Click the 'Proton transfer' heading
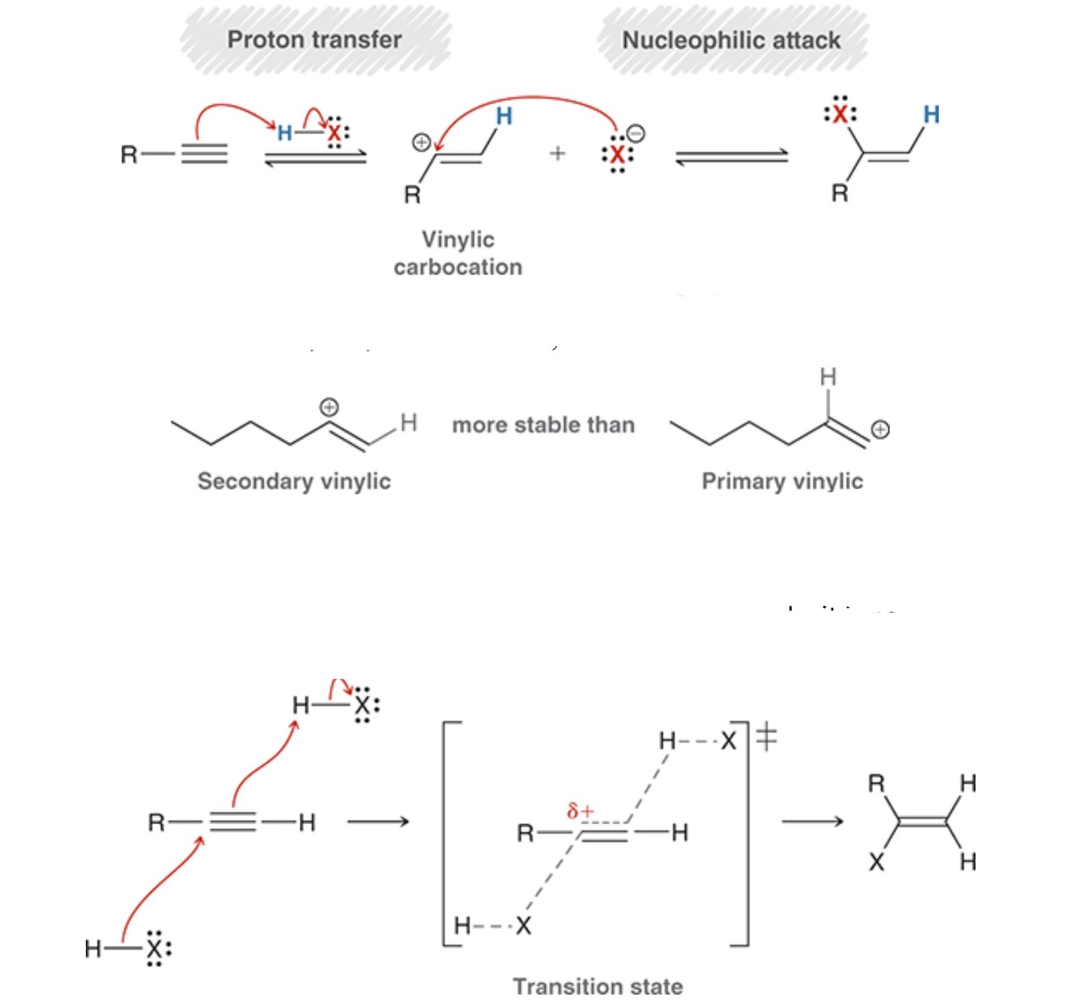[x=314, y=40]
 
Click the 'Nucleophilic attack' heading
[x=731, y=40]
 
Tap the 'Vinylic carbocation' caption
[x=458, y=253]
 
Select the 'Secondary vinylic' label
[x=294, y=481]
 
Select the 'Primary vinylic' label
[x=782, y=481]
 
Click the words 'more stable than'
[x=543, y=425]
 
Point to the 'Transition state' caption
[x=597, y=987]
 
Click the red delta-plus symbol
[x=580, y=809]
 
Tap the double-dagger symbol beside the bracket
[x=767, y=737]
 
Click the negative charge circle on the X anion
[x=636, y=134]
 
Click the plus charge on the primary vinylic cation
[x=880, y=429]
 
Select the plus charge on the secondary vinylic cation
[x=330, y=406]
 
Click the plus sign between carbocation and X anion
[x=557, y=153]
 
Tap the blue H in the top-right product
[x=931, y=115]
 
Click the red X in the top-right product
[x=840, y=115]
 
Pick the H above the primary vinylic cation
[x=827, y=376]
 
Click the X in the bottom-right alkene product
[x=877, y=862]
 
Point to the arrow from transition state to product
[x=812, y=822]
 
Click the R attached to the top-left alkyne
[x=129, y=154]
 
